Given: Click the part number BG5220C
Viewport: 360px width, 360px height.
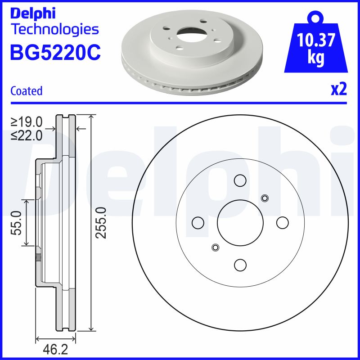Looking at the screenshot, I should [55, 53].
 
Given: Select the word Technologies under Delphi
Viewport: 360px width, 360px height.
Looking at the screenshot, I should [54, 29].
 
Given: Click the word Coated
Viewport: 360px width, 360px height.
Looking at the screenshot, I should [26, 91].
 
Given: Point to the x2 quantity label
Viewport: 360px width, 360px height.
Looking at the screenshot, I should [338, 90].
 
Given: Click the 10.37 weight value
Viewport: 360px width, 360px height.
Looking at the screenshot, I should [316, 41].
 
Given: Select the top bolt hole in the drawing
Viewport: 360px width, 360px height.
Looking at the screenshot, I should [240, 180].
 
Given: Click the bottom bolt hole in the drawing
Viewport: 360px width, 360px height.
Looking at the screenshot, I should [240, 265].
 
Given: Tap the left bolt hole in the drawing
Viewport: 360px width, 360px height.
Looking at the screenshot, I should [198, 222].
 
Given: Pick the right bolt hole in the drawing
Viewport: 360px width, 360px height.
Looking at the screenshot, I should [282, 222].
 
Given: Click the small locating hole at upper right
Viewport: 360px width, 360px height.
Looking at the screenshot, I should [265, 198].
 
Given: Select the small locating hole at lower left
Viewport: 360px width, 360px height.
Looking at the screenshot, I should [215, 247].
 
